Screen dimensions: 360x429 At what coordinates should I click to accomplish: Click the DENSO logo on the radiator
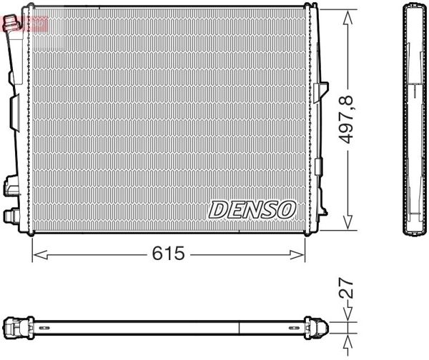coord(252,209)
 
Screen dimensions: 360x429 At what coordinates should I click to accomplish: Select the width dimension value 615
coord(169,253)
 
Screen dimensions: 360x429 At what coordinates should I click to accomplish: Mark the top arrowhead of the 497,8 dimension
coord(348,14)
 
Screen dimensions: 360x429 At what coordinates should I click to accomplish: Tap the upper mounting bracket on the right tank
coord(318,92)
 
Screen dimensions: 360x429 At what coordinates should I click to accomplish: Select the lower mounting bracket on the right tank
coord(318,166)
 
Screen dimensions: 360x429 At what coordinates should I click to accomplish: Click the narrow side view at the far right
coord(413,120)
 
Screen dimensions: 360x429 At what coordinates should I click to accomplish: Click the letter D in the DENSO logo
coord(217,209)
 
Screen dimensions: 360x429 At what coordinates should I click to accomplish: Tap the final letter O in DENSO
coord(286,209)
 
